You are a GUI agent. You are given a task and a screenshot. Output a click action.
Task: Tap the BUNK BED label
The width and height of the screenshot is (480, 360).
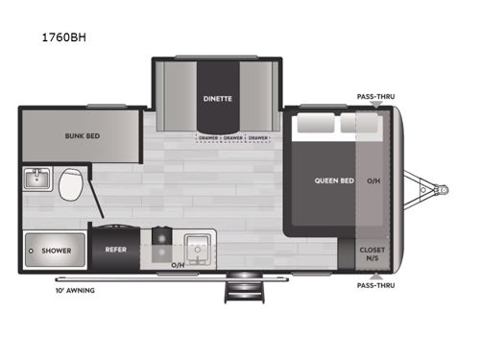pyautogui.click(x=56, y=135)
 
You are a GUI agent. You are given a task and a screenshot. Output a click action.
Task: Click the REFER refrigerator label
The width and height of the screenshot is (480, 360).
pyautogui.click(x=116, y=251)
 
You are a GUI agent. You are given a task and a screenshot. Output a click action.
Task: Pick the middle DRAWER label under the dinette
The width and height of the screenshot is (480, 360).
pyautogui.click(x=232, y=137)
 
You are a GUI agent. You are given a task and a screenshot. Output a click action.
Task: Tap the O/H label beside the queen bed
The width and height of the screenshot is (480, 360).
pyautogui.click(x=372, y=180)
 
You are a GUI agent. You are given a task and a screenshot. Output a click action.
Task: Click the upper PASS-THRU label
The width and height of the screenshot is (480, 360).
pyautogui.click(x=375, y=97)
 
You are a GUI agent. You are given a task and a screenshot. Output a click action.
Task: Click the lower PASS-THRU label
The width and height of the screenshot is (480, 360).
pyautogui.click(x=375, y=286)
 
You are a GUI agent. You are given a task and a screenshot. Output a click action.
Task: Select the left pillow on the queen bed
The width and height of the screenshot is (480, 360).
pyautogui.click(x=312, y=125)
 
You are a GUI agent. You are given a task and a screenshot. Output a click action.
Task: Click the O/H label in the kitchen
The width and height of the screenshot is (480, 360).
pyautogui.click(x=178, y=264)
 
